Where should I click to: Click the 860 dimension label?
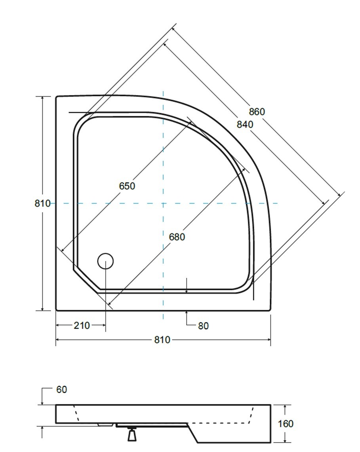click(257, 112)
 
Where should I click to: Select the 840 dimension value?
click(245, 124)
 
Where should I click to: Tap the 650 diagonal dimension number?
click(127, 186)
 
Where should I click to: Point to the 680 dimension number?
click(177, 237)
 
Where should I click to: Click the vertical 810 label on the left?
click(43, 203)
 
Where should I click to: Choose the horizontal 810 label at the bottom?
click(162, 340)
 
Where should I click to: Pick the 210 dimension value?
click(82, 325)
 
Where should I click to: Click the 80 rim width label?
click(203, 326)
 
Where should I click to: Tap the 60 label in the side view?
click(61, 389)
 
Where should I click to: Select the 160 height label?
click(285, 424)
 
